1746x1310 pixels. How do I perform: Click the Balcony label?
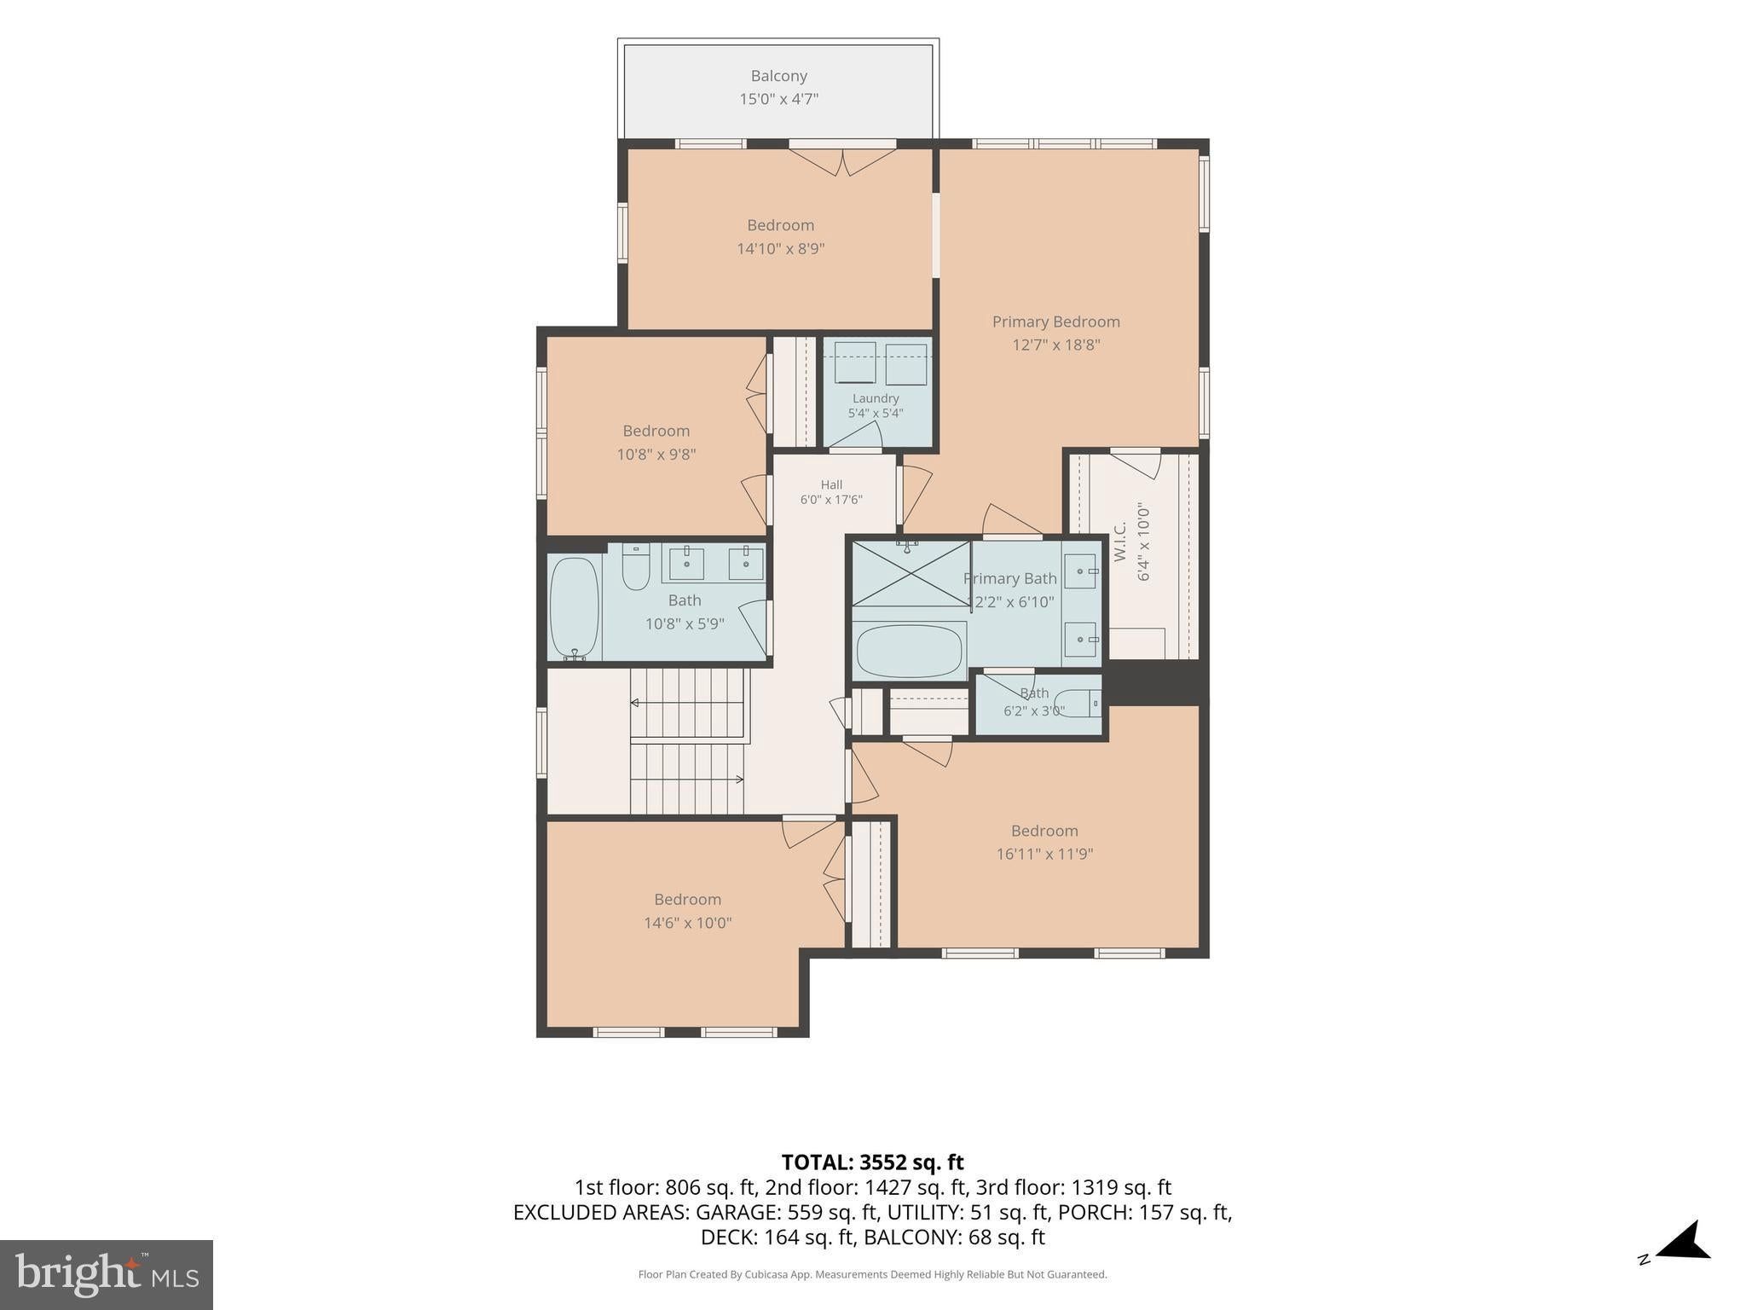click(x=778, y=76)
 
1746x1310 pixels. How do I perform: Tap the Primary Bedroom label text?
click(x=1055, y=322)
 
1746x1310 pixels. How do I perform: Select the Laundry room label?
click(x=876, y=398)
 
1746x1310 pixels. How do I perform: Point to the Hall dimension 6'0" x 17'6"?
click(x=831, y=500)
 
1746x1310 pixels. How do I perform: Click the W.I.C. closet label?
click(x=1120, y=541)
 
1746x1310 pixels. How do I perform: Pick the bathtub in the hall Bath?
click(x=574, y=607)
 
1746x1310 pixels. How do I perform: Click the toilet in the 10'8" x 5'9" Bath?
click(x=636, y=567)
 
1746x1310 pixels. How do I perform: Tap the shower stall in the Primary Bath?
click(x=911, y=573)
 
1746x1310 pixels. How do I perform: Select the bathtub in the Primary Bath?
click(x=909, y=651)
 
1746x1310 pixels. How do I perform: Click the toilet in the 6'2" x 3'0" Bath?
click(x=1078, y=704)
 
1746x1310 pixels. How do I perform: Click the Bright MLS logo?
click(x=107, y=1274)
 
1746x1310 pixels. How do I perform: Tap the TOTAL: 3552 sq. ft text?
click(x=872, y=1162)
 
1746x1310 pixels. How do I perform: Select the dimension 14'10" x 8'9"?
click(x=780, y=249)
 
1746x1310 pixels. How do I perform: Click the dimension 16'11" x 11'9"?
click(x=1044, y=854)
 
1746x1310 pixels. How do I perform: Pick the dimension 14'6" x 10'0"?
click(x=688, y=923)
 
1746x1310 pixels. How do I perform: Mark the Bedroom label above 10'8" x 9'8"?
click(x=656, y=431)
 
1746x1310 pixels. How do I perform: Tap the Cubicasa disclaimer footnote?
click(x=872, y=1274)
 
